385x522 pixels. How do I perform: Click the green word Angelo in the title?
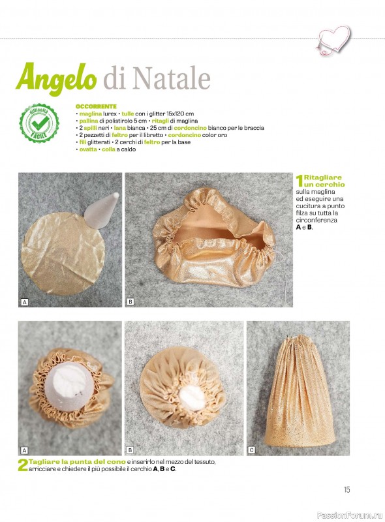pos(56,78)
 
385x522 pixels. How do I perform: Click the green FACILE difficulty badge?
pos(39,123)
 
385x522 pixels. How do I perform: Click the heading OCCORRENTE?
pos(96,106)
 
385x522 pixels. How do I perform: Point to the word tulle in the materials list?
pos(127,114)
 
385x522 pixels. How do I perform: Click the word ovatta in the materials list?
pos(88,149)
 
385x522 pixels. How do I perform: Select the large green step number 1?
pos(300,181)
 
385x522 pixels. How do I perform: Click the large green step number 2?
pos(22,465)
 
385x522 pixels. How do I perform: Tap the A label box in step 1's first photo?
pos(24,302)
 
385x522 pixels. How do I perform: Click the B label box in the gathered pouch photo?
pos(131,302)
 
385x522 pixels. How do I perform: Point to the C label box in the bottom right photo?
pos(252,450)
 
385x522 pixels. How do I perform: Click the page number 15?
pos(347,489)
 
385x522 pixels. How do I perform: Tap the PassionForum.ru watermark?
pos(350,515)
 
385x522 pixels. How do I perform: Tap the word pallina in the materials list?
pos(89,121)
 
